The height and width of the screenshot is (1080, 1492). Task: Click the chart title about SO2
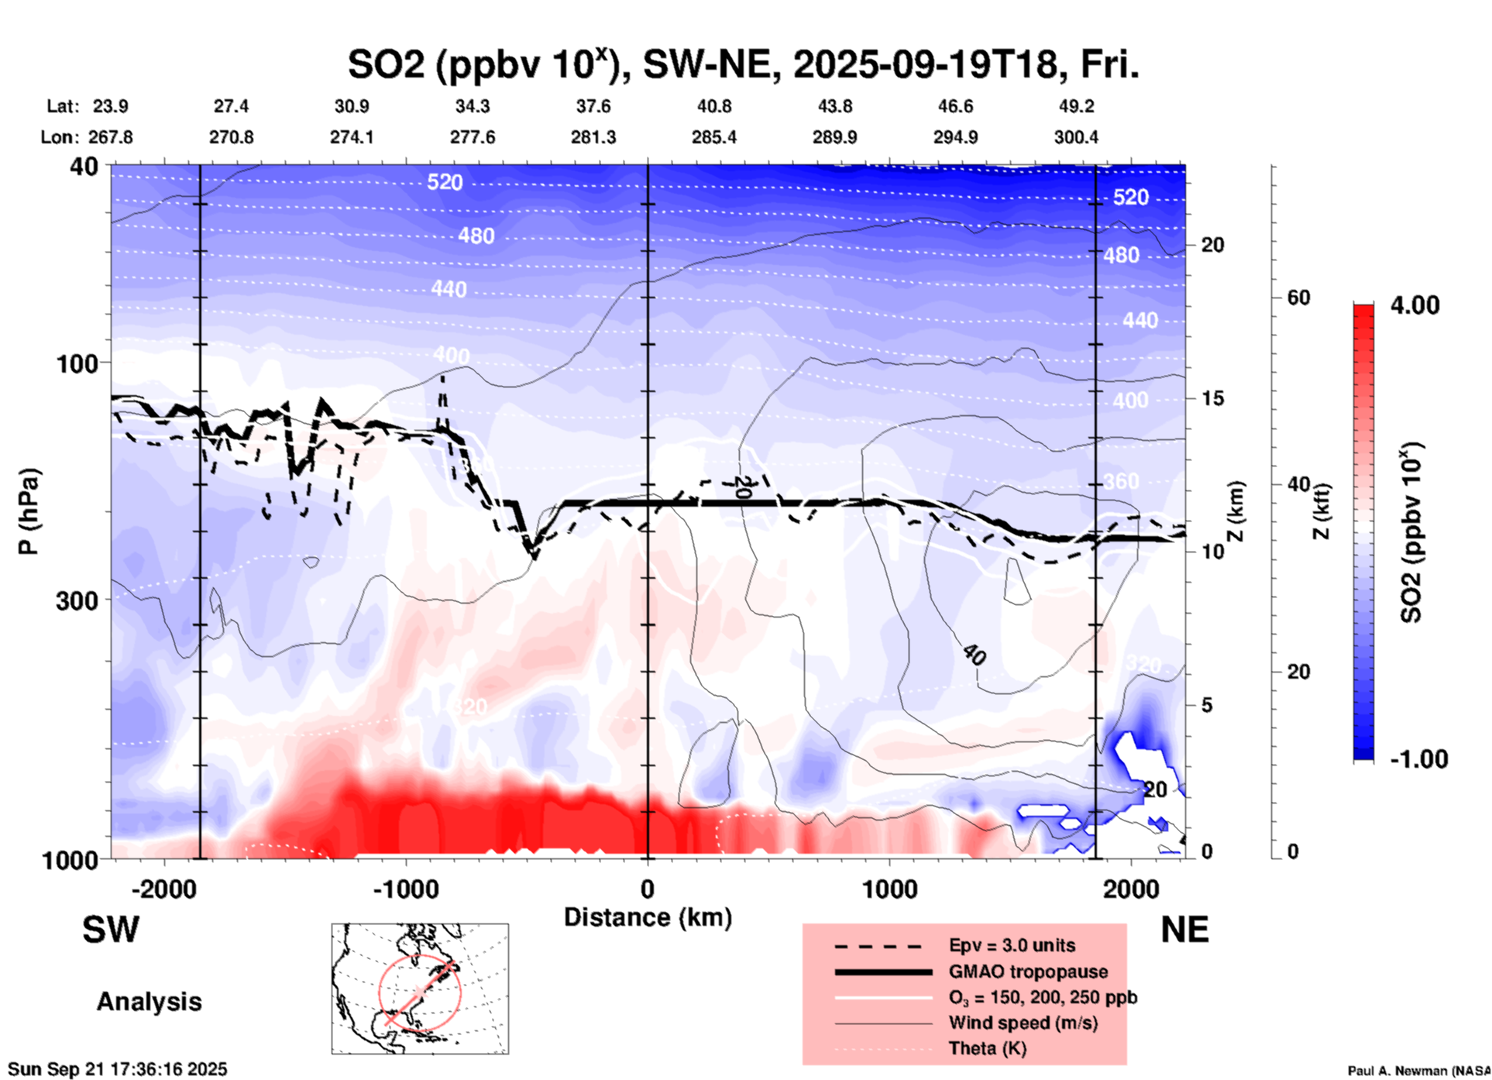(x=744, y=65)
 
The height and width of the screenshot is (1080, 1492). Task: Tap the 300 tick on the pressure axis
(x=76, y=600)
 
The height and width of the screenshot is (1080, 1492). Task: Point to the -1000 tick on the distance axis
(x=405, y=889)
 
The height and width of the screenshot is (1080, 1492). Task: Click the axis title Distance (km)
(x=648, y=917)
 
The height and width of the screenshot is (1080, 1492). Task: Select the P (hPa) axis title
(x=29, y=511)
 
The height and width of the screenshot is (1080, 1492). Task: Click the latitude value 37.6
(x=593, y=106)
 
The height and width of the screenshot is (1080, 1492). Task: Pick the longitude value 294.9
(x=954, y=137)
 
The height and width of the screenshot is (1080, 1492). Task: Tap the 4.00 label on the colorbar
(x=1415, y=305)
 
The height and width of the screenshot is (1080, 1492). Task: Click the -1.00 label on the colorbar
(x=1418, y=759)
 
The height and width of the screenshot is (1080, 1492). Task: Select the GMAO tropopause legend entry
(x=1027, y=972)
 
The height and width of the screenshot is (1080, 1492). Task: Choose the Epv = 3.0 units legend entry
(x=1011, y=946)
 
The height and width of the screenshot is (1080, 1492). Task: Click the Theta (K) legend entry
(x=987, y=1048)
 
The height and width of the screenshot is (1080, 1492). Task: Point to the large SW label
(x=111, y=930)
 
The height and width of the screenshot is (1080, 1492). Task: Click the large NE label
(x=1184, y=930)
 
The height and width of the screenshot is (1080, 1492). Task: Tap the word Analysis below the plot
(x=149, y=1002)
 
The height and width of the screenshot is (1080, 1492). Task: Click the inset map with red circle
(x=420, y=989)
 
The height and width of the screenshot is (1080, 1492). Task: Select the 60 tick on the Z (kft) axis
(x=1298, y=298)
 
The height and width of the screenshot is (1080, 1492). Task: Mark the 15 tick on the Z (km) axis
(x=1212, y=398)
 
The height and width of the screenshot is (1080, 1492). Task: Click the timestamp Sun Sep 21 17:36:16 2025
(x=118, y=1069)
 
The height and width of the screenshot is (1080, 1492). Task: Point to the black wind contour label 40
(x=975, y=655)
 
